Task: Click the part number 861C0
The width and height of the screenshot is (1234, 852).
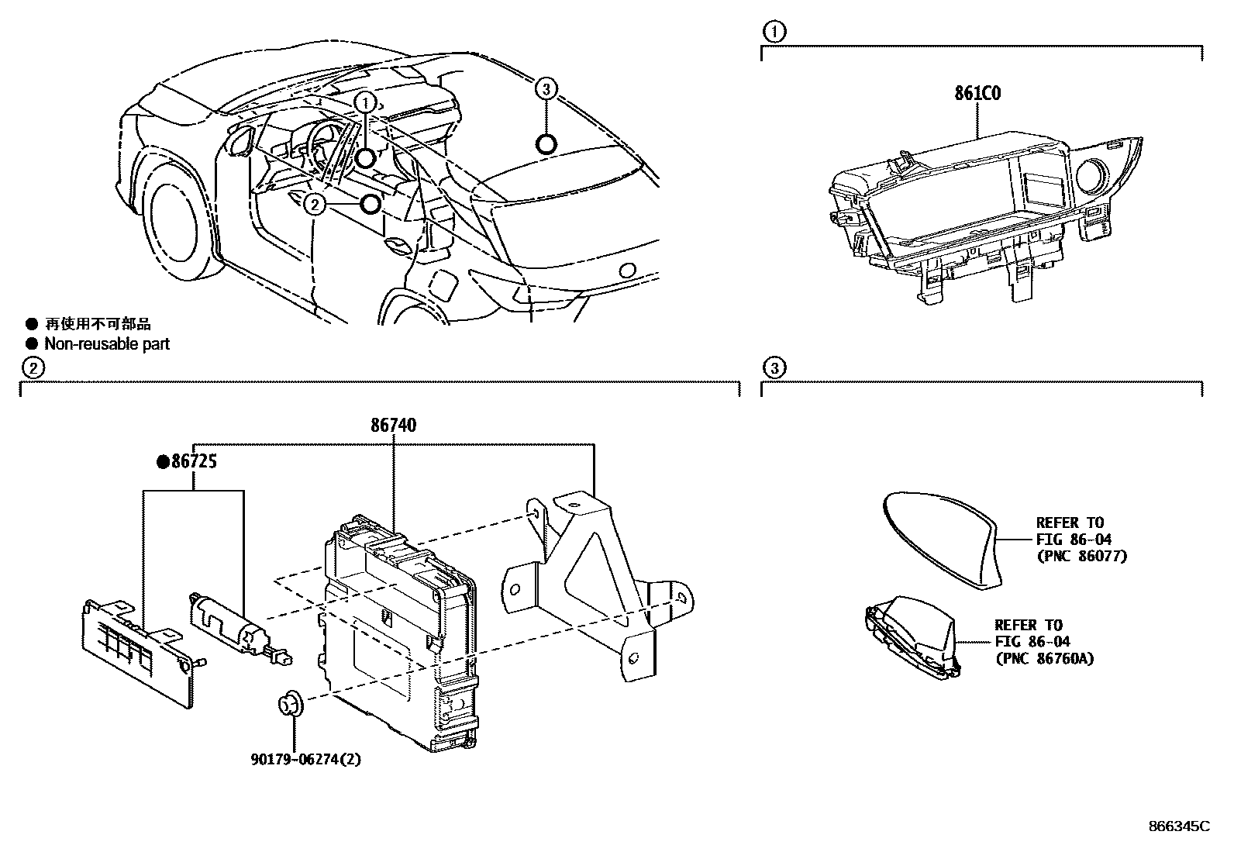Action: coord(977,94)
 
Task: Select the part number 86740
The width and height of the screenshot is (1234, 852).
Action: coord(394,425)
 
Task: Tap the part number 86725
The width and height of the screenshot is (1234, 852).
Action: coord(193,462)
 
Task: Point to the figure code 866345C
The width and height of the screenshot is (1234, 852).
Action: coord(1178,826)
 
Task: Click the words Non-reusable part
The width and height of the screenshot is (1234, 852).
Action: coord(107,344)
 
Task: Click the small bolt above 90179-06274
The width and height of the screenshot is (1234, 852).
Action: coord(291,703)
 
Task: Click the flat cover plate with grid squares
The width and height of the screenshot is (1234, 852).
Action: coord(136,647)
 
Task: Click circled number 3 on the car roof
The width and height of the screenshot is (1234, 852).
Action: coord(546,89)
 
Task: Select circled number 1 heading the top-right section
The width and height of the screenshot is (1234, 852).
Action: coord(773,32)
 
